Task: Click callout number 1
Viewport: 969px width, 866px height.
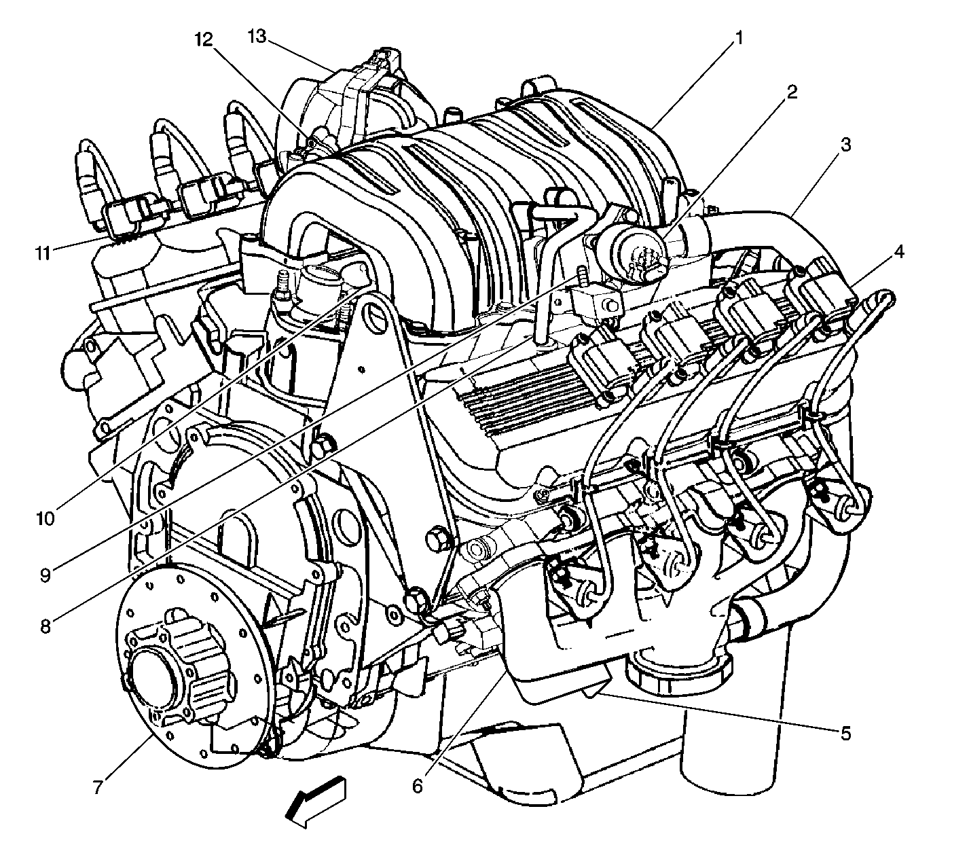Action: pyautogui.click(x=739, y=38)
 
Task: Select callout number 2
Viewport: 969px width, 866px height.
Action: pyautogui.click(x=792, y=92)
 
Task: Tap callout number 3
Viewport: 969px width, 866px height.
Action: pyautogui.click(x=846, y=145)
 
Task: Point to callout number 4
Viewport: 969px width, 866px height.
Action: pyautogui.click(x=899, y=252)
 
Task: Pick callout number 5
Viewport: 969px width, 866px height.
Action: pyautogui.click(x=845, y=734)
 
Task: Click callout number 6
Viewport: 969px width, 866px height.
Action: pyautogui.click(x=418, y=786)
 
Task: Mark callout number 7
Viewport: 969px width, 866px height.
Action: pyautogui.click(x=98, y=787)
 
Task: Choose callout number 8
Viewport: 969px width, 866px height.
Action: pyautogui.click(x=45, y=627)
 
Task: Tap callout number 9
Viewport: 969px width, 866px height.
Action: pyautogui.click(x=45, y=575)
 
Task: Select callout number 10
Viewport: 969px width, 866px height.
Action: pyautogui.click(x=45, y=519)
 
